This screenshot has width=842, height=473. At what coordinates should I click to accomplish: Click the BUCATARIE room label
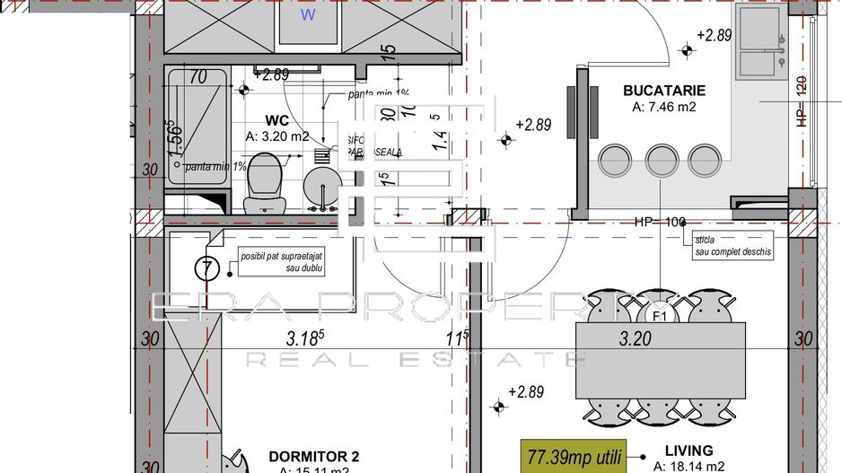coord(664,91)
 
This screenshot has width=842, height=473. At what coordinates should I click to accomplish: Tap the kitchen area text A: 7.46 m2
coord(664,107)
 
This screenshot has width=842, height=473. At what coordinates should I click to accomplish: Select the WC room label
coord(276,120)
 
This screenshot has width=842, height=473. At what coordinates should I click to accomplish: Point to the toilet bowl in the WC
coord(265,177)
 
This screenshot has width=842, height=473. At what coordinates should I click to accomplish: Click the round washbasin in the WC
coord(321,187)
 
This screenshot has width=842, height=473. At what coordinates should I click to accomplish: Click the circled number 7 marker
coord(206,267)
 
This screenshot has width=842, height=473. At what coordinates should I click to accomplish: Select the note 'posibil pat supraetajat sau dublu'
coord(281,262)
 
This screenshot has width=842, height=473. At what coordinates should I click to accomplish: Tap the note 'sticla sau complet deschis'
coord(732,247)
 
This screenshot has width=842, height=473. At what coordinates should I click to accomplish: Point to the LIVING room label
coord(689,451)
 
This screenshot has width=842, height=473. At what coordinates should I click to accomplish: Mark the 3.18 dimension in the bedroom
coord(303,340)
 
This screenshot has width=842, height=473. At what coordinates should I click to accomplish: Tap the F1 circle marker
coord(659,316)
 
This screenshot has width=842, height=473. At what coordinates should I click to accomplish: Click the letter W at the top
coord(308,14)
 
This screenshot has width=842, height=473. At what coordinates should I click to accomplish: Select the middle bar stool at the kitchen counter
coord(661,162)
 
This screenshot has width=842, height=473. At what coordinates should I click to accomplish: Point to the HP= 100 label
coord(660,222)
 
